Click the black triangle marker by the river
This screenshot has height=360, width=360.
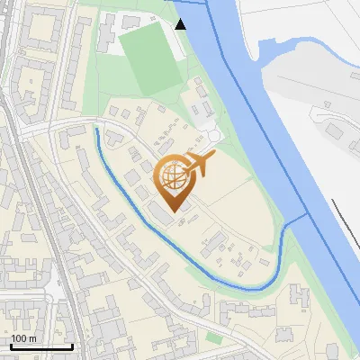pyautogui.click(x=181, y=24)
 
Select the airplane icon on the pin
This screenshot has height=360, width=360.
pyautogui.click(x=198, y=164)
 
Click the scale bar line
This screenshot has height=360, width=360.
pyautogui.click(x=41, y=347)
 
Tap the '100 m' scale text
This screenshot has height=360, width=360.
pyautogui.click(x=23, y=338)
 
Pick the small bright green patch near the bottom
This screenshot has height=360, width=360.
pyautogui.click(x=213, y=337)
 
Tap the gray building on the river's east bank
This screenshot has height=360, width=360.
pyautogui.click(x=335, y=131)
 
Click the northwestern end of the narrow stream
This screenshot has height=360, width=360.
pyautogui.click(x=97, y=130)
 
